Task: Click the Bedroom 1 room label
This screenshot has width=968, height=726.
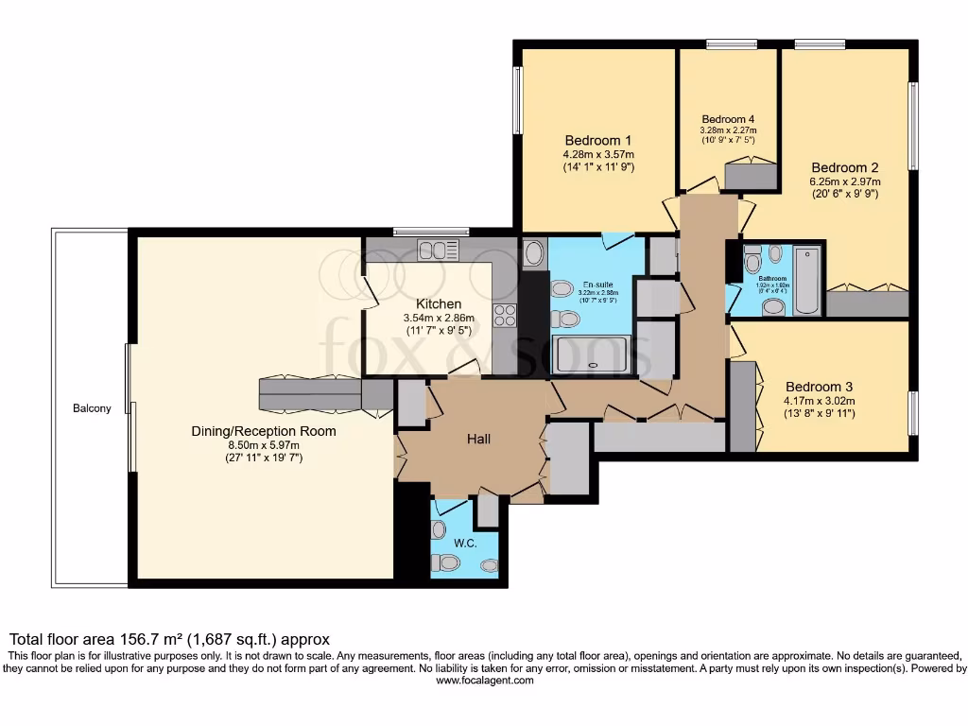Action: (597, 140)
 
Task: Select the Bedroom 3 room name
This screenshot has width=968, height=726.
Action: (820, 387)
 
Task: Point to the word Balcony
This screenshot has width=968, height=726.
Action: (92, 408)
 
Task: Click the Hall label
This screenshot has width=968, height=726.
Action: (478, 439)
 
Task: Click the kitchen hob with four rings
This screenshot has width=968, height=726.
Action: (504, 316)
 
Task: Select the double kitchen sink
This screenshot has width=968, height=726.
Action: (438, 251)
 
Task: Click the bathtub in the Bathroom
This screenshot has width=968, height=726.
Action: (808, 280)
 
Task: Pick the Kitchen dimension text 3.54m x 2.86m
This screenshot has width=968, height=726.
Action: (432, 319)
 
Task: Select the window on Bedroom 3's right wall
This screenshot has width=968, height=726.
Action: (914, 412)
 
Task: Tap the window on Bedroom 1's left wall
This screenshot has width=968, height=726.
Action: (517, 100)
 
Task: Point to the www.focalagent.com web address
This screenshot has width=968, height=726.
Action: (483, 680)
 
